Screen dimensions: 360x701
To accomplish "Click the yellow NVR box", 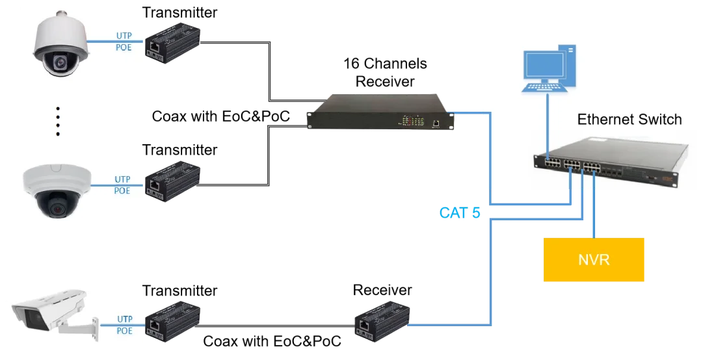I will click(593, 260).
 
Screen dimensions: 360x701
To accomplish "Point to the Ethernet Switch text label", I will click(629, 120).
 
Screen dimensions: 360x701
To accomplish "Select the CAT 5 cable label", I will click(460, 212).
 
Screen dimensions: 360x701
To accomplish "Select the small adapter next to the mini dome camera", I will click(173, 183).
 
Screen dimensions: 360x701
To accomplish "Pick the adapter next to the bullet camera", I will click(173, 321).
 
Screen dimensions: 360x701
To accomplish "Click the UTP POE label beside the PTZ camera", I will click(124, 41).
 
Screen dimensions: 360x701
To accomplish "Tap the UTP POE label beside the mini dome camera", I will click(122, 185).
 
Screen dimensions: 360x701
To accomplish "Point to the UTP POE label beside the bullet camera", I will click(124, 325).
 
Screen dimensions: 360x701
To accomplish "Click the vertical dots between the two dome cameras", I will click(58, 121).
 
